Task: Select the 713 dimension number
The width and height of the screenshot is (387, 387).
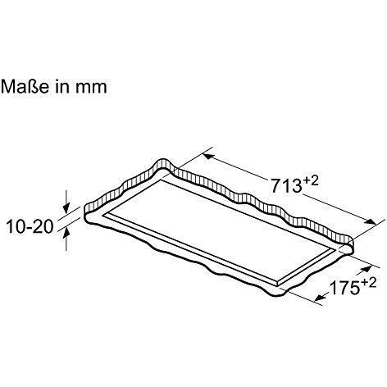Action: (x=286, y=185)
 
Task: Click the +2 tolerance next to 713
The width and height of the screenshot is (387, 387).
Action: (x=311, y=180)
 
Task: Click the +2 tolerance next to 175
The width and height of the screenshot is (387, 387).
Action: (x=369, y=283)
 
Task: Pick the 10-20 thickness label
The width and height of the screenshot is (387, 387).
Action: (x=30, y=226)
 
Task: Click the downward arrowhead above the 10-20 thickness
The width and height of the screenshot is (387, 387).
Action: (x=66, y=207)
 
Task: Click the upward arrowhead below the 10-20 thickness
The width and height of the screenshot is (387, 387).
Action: (x=66, y=234)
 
